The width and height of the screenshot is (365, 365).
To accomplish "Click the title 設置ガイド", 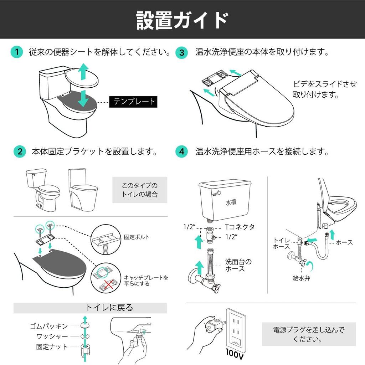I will (182, 20).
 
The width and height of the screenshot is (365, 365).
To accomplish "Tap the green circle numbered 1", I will (16, 52).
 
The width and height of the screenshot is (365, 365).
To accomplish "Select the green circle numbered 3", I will (181, 52).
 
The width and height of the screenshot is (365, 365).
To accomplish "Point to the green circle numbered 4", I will (181, 151).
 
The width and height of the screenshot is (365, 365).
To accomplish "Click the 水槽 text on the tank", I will (231, 202).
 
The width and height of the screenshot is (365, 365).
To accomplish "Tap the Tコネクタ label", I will (240, 227).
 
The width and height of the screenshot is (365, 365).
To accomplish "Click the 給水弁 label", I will (302, 278).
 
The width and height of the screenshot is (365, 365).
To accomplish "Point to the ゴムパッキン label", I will (49, 326).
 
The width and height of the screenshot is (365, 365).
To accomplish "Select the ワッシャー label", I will (52, 336).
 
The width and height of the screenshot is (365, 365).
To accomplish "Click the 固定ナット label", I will (52, 346).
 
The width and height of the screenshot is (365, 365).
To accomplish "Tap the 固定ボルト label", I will (137, 237).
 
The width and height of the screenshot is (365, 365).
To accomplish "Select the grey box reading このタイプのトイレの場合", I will (140, 190).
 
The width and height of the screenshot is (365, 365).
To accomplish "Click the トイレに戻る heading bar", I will (90, 308).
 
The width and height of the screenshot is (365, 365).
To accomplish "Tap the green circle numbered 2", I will (20, 151).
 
